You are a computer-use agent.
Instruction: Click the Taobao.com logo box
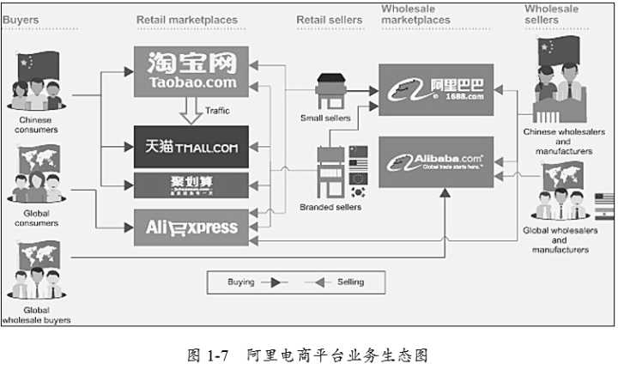191,70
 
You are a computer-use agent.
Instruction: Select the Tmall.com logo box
191,146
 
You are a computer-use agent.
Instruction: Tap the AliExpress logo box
191,227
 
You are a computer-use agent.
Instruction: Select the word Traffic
217,111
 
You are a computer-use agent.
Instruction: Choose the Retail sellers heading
329,20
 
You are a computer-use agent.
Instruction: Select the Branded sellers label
330,207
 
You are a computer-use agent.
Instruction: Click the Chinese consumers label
36,125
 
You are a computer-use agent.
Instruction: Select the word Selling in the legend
347,282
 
